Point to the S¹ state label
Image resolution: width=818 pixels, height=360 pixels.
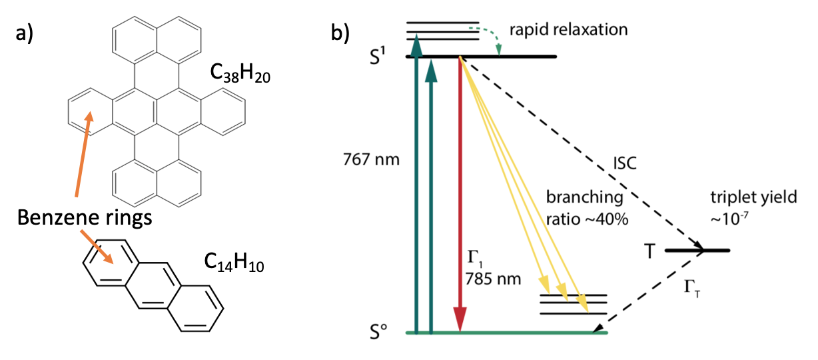coord(387,56)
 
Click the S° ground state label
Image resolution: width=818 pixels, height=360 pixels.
coord(386,330)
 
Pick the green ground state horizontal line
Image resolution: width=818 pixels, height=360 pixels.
coord(506,331)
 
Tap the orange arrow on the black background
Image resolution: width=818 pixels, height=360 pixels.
coord(97,247)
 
